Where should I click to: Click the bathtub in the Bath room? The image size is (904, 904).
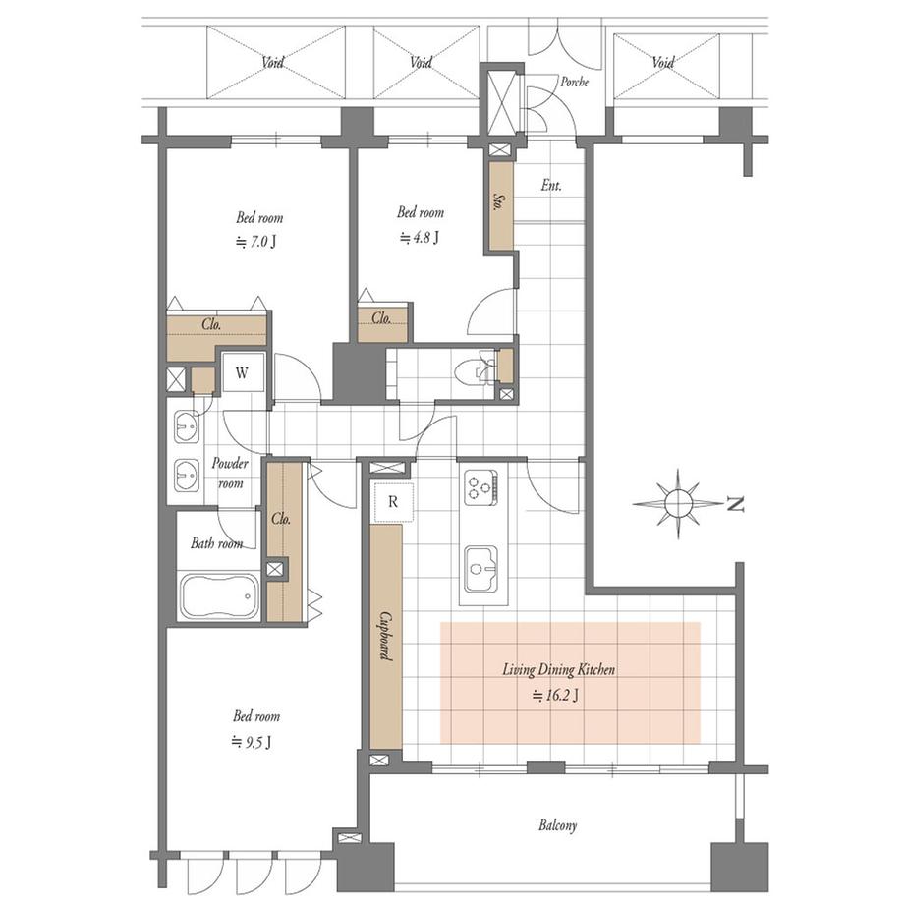click(x=220, y=596)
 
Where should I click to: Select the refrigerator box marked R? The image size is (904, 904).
click(x=393, y=501)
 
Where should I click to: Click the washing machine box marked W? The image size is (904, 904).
click(x=243, y=372)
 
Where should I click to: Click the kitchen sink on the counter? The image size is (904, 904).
click(x=481, y=570)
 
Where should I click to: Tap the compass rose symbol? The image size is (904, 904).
click(x=678, y=504)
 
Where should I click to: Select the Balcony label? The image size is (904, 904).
click(x=557, y=825)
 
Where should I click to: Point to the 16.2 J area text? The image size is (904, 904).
click(x=555, y=696)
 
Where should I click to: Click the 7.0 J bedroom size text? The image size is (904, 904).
click(x=256, y=242)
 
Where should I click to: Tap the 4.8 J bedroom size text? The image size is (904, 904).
click(x=420, y=237)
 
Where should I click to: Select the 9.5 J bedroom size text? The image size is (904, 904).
click(x=252, y=741)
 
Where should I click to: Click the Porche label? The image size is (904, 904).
click(x=575, y=82)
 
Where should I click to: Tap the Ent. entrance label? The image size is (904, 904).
click(x=551, y=185)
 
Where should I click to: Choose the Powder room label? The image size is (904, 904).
click(x=230, y=474)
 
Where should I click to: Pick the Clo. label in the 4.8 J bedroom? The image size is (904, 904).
click(x=381, y=317)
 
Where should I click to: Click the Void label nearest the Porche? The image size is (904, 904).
click(x=663, y=62)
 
